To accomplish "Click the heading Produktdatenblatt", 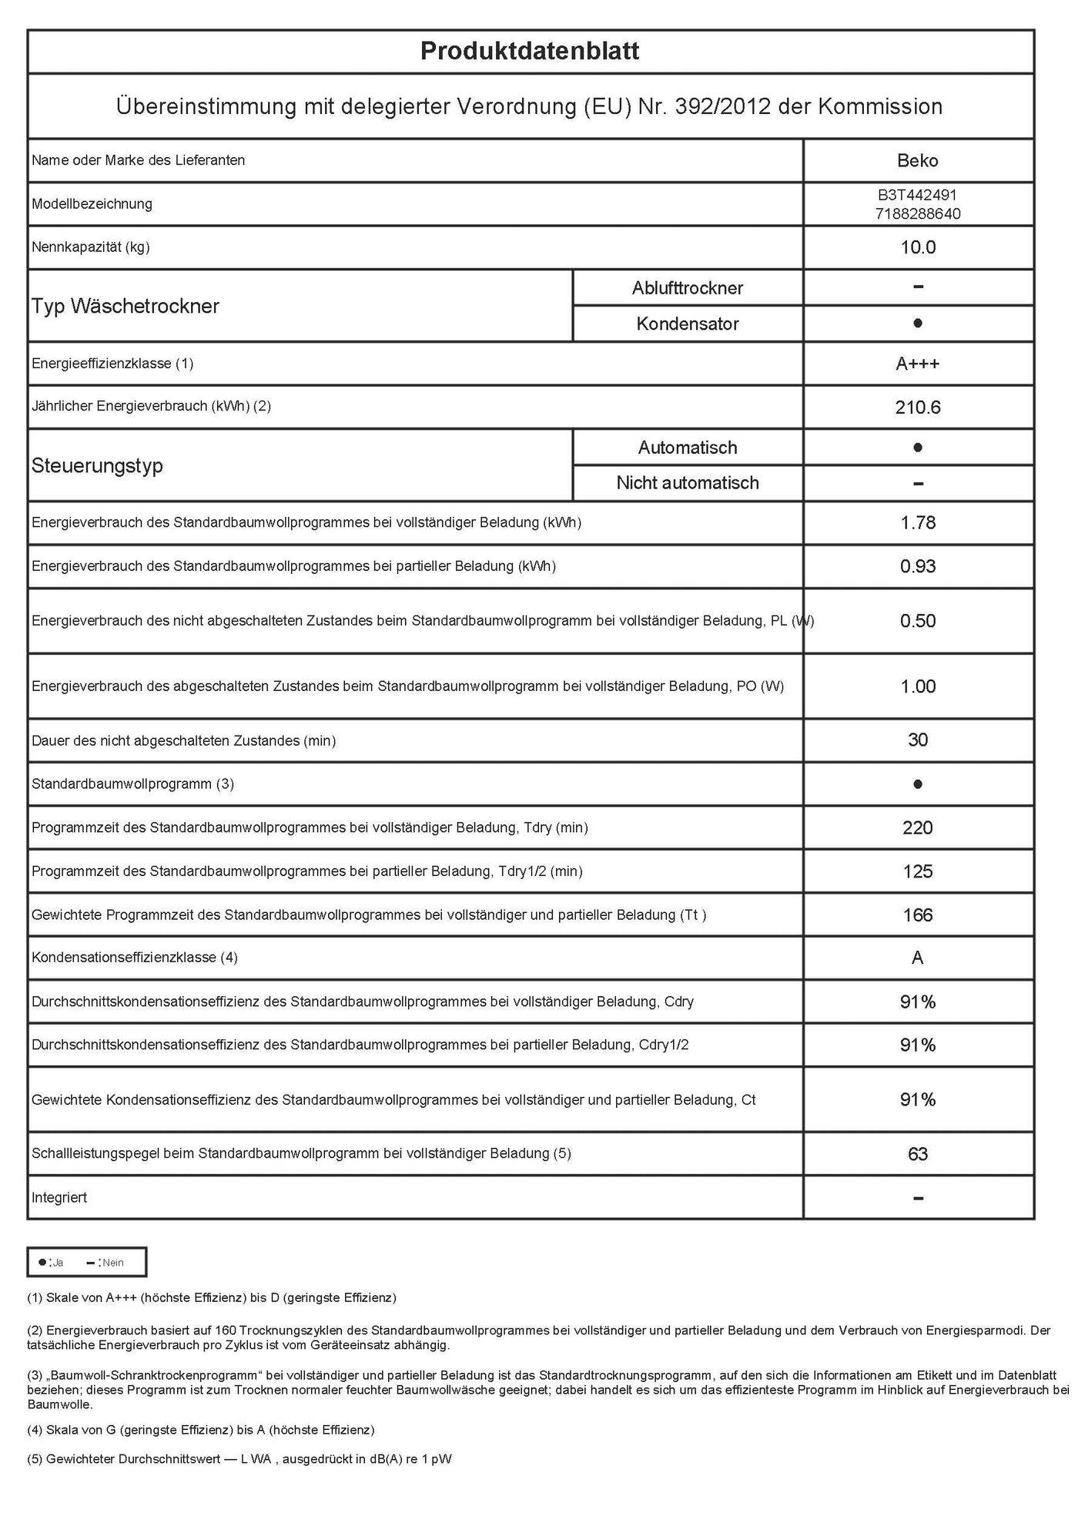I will click(530, 52).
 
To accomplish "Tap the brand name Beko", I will click(918, 161).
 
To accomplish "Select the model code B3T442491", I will click(917, 196).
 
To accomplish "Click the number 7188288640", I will click(918, 214).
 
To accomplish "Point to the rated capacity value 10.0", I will click(918, 247).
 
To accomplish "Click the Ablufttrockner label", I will click(688, 288).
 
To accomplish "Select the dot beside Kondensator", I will click(918, 324).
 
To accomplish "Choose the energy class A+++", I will click(918, 364).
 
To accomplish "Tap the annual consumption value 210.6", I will click(918, 408).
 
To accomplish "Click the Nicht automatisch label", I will click(688, 483).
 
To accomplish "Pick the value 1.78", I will click(918, 523).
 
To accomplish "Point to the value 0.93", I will click(918, 567).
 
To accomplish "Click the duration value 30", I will click(918, 740).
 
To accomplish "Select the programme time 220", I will click(918, 828).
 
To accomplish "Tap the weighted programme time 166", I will click(918, 915).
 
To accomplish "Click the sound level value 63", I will click(918, 1154).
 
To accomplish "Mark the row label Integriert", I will click(59, 1198).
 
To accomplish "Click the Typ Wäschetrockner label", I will click(126, 306).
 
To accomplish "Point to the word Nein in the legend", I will click(113, 1263).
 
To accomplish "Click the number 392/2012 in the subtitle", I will click(722, 106).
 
